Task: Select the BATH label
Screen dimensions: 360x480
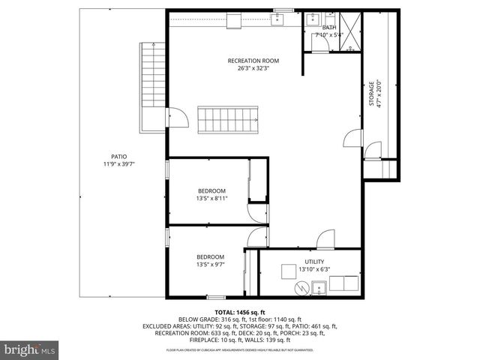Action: point(329,27)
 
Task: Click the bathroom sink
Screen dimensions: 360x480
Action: point(313,19)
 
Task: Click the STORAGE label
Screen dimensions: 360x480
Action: point(371,94)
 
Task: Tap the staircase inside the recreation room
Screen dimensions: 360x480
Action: point(228,119)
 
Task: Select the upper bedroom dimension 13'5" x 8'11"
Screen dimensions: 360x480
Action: point(211,199)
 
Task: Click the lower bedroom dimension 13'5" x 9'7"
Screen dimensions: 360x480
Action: point(210,264)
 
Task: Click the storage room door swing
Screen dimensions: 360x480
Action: point(350,139)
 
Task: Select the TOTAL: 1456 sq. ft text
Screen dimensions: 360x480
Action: point(240,311)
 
